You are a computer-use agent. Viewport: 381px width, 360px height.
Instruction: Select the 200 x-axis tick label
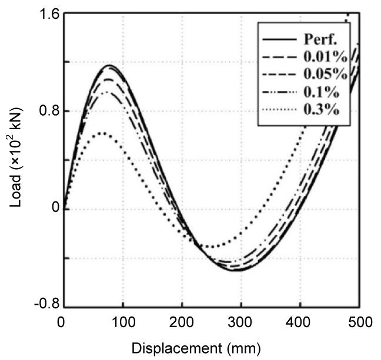click(x=182, y=321)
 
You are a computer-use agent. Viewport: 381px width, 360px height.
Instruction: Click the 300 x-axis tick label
click(x=241, y=321)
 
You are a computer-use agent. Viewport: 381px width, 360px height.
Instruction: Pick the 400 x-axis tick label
click(x=300, y=321)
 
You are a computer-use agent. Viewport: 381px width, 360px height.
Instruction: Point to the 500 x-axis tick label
click(x=359, y=321)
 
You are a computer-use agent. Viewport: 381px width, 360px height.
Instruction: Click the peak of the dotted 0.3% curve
click(x=102, y=134)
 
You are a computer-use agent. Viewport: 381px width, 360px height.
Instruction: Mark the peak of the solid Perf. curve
click(x=109, y=65)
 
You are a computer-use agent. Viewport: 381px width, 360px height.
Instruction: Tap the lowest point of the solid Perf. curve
click(x=234, y=270)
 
